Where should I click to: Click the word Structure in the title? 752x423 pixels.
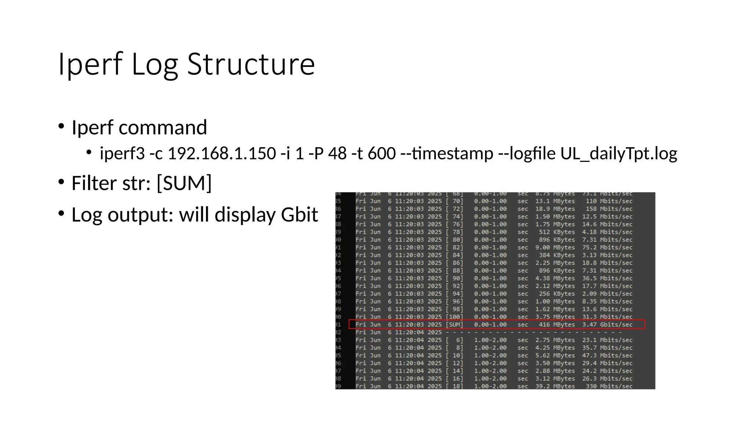251,64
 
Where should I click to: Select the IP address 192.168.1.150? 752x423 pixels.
222,153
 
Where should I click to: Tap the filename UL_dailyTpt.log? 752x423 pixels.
619,153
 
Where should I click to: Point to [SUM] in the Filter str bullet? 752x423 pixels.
184,183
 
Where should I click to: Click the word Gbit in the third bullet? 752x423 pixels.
299,215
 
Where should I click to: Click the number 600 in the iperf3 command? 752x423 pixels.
382,153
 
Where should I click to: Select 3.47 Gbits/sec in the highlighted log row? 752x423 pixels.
607,325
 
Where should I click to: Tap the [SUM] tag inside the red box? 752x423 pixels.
455,325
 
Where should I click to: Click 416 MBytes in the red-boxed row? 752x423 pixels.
557,325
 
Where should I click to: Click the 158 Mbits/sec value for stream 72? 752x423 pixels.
609,209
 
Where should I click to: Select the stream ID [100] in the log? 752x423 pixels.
455,317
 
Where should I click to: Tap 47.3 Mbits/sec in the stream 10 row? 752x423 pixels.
607,355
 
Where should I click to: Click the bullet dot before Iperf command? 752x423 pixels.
61,126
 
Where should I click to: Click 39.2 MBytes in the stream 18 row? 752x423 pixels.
555,386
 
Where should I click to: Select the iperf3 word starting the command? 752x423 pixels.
122,153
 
